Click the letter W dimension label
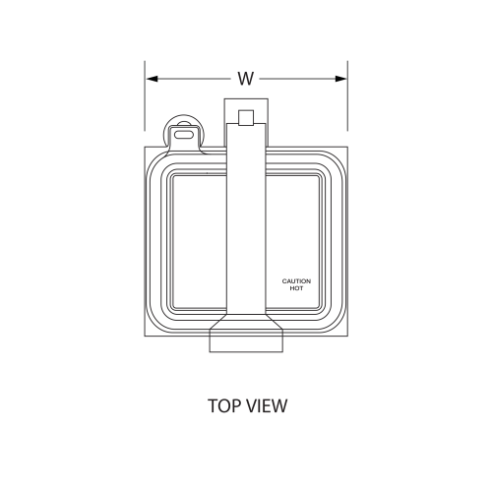pos(245,78)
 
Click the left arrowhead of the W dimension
pos(151,78)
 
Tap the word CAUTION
pos(296,281)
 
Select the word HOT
pos(296,288)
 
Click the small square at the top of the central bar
pos(246,118)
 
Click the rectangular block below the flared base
pos(246,340)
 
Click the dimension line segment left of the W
pos(192,78)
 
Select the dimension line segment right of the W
pos(300,78)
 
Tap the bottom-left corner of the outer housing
pos(148,339)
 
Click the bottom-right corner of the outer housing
pos(345,339)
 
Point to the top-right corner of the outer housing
pos(345,150)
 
